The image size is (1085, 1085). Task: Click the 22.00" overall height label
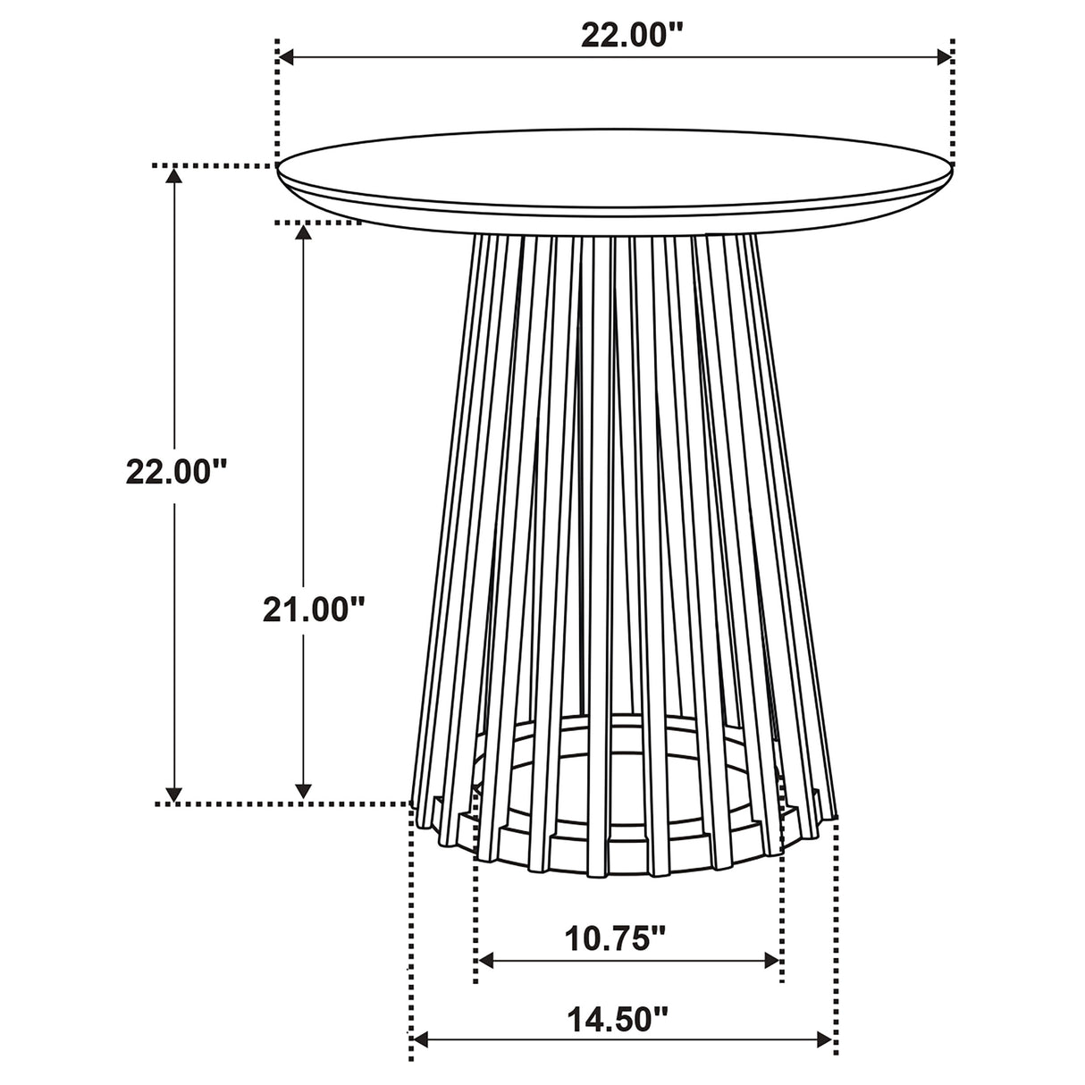coord(178,471)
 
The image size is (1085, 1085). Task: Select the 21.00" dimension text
coord(314,610)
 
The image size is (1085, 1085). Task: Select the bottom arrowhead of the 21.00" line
coord(304,792)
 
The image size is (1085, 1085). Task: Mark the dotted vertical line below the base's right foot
coord(837,947)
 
